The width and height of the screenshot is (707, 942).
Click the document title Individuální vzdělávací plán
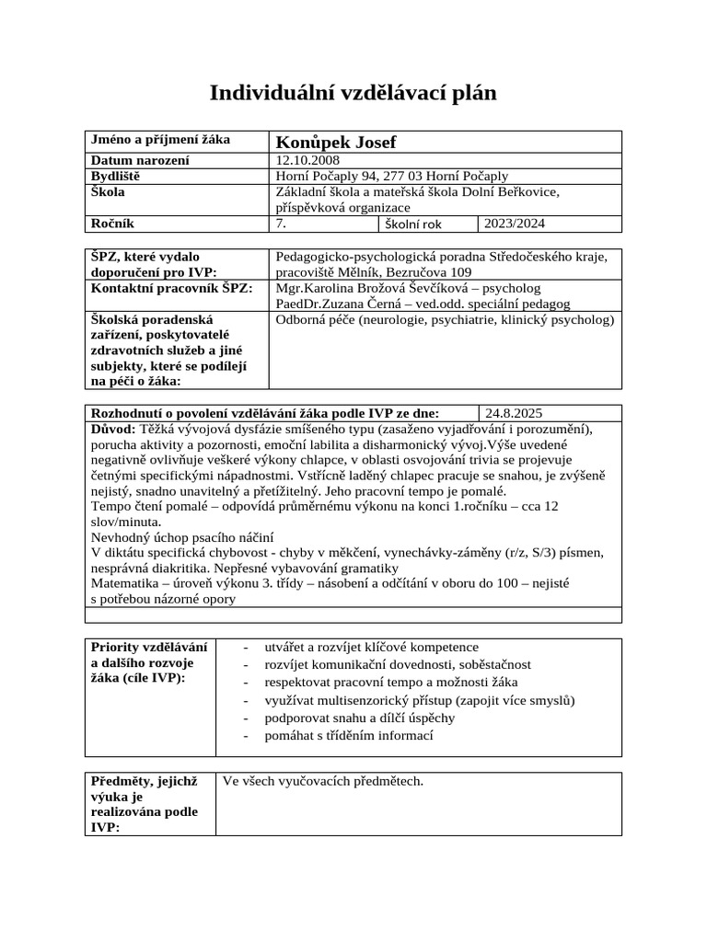pos(353,93)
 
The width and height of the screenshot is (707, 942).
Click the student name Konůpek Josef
pos(336,142)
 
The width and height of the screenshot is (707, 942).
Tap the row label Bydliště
pos(116,176)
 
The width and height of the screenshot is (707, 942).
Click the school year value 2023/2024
pos(514,223)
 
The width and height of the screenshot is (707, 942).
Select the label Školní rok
pos(413,223)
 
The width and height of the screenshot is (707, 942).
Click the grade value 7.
pos(281,223)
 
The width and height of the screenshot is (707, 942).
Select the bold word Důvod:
pos(112,429)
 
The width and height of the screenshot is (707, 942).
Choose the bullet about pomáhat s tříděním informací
pos(349,735)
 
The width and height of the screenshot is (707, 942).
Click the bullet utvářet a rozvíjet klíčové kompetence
pos(371,647)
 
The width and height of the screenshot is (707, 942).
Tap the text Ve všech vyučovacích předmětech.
pos(323,781)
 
